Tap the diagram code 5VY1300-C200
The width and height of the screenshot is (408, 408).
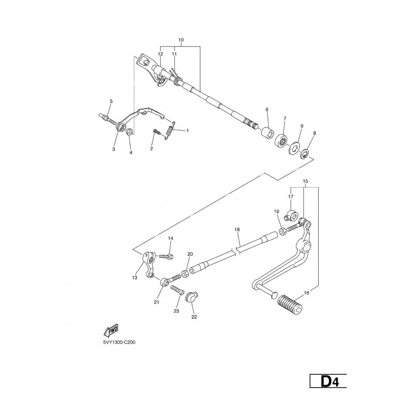[x=119, y=342]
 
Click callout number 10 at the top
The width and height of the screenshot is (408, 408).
[x=181, y=40]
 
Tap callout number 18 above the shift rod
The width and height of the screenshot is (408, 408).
[x=237, y=229]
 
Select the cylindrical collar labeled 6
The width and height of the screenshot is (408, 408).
[x=268, y=132]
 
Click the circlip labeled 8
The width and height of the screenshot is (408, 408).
[x=304, y=154]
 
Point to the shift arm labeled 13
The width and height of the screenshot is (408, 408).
[x=148, y=265]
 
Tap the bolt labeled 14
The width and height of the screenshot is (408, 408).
[x=167, y=257]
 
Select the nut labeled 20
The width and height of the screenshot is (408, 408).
[x=185, y=274]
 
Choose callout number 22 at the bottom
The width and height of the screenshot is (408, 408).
[x=194, y=317]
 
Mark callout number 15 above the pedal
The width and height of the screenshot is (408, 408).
[x=305, y=181]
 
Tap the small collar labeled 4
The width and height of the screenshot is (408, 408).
[x=130, y=132]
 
